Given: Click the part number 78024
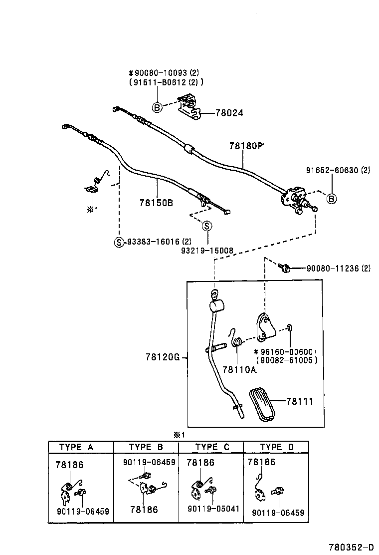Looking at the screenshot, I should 229,113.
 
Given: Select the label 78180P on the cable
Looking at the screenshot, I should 245,146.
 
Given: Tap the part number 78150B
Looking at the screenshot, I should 156,203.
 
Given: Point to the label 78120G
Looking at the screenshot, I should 162,357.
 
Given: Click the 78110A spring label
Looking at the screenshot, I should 239,369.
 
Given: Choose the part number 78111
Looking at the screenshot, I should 300,401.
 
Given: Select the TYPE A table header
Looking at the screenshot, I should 76,447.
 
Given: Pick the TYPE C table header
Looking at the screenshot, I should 212,447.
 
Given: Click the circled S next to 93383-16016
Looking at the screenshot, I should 119,242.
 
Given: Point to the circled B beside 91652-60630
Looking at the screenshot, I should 332,199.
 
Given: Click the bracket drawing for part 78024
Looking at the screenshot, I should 189,109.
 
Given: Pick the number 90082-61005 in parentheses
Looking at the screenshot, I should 286,360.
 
